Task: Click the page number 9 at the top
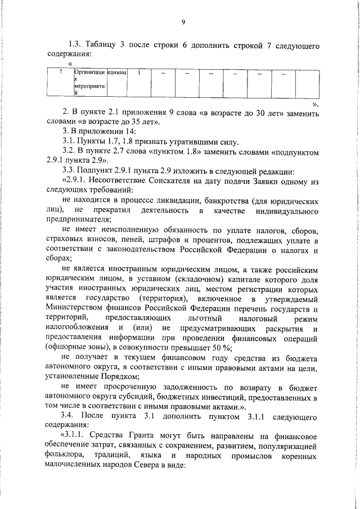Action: click(183, 22)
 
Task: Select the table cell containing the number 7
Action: click(60, 73)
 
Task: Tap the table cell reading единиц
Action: click(118, 73)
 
